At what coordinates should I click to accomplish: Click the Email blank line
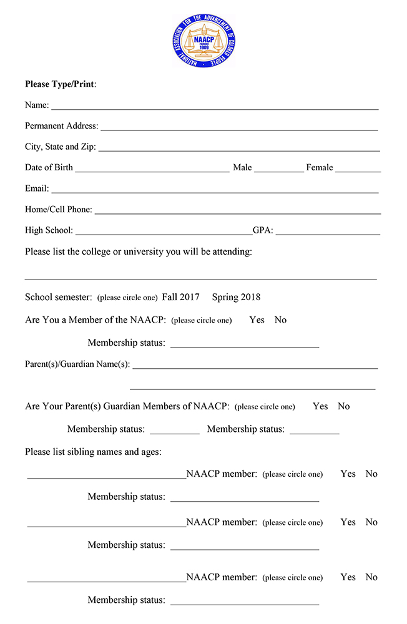click(x=215, y=191)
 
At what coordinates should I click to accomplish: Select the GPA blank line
click(x=328, y=233)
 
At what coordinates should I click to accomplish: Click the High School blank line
click(x=164, y=233)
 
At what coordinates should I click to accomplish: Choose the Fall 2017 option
click(x=180, y=297)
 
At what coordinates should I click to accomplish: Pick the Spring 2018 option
click(x=236, y=297)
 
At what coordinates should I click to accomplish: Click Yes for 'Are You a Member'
click(x=257, y=320)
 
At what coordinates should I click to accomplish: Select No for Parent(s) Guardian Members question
click(x=344, y=406)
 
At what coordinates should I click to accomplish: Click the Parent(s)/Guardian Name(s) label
click(x=77, y=364)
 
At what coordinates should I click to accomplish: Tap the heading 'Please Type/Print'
click(x=60, y=84)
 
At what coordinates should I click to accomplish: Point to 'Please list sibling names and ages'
click(x=93, y=452)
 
